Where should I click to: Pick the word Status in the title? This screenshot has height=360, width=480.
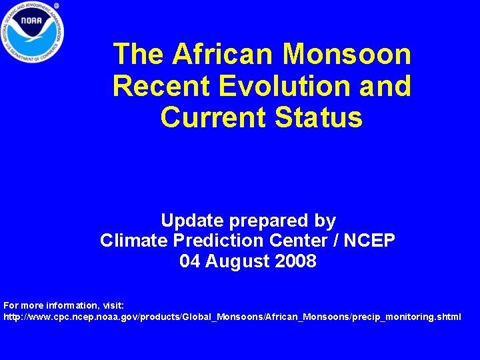click(x=319, y=117)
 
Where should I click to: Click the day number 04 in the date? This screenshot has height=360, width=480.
click(x=190, y=261)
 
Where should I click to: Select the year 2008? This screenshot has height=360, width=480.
click(x=298, y=261)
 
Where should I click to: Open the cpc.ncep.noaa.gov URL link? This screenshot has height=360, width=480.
click(x=232, y=317)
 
